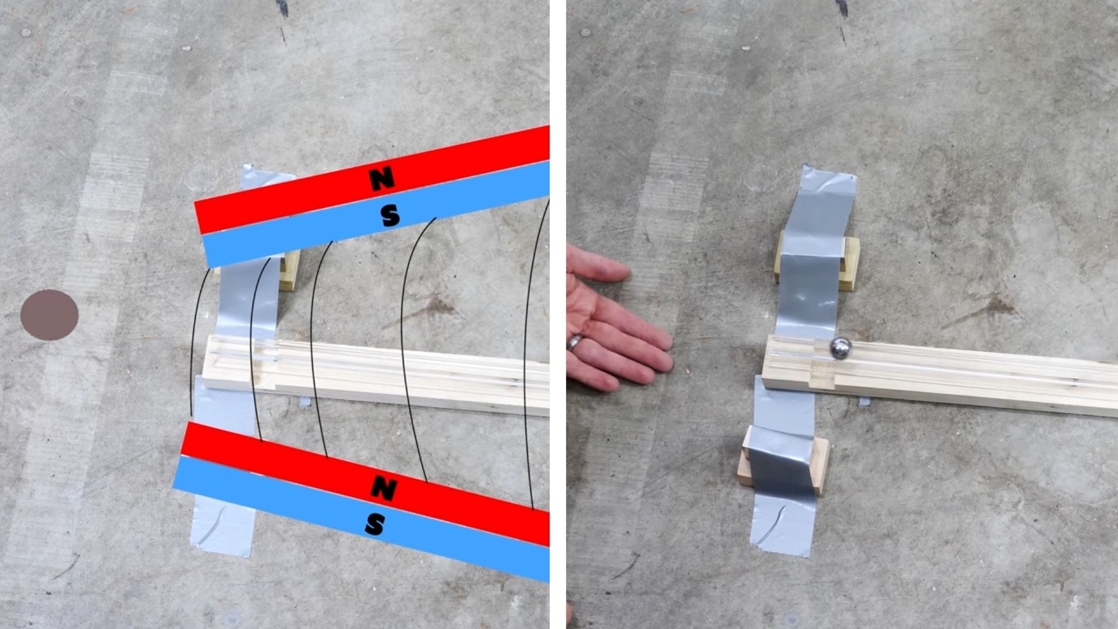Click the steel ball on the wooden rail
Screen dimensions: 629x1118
pos(840,348)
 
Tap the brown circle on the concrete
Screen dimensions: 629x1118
pos(49,315)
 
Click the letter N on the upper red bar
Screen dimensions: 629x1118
pos(383,179)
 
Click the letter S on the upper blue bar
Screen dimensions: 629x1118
pos(390,215)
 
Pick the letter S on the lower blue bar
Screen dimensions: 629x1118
pos(374,525)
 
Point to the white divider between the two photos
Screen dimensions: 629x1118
pos(558,314)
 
